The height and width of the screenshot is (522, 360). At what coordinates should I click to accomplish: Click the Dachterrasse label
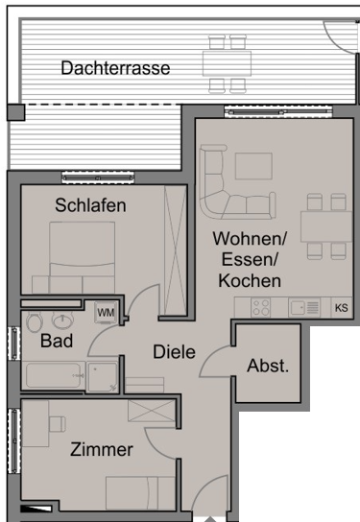click(115, 68)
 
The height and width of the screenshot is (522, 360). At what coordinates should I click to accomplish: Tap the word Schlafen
click(90, 205)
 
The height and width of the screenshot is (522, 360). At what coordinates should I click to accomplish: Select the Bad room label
click(57, 341)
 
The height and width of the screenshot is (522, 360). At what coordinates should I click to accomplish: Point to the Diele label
click(174, 352)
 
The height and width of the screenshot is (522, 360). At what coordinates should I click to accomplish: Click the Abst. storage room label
click(268, 366)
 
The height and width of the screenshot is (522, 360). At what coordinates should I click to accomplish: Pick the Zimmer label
click(102, 449)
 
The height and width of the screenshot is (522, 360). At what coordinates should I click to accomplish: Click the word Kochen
click(250, 280)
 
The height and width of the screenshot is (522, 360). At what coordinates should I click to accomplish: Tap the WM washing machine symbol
click(106, 313)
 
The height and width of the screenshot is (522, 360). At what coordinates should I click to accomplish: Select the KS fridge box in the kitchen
click(342, 308)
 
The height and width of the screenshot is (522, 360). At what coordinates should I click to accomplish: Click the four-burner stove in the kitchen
click(261, 308)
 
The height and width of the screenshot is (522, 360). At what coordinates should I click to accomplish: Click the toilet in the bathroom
click(35, 321)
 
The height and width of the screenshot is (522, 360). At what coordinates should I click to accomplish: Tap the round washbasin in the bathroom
click(61, 320)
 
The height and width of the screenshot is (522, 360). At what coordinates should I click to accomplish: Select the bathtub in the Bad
click(55, 375)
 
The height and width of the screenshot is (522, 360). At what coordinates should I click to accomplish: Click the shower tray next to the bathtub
click(102, 376)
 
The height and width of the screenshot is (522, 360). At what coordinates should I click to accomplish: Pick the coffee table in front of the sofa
click(253, 166)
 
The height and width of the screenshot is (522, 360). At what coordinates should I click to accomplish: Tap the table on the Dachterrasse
click(228, 63)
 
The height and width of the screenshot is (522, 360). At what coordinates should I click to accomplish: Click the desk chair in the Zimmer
click(58, 424)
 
